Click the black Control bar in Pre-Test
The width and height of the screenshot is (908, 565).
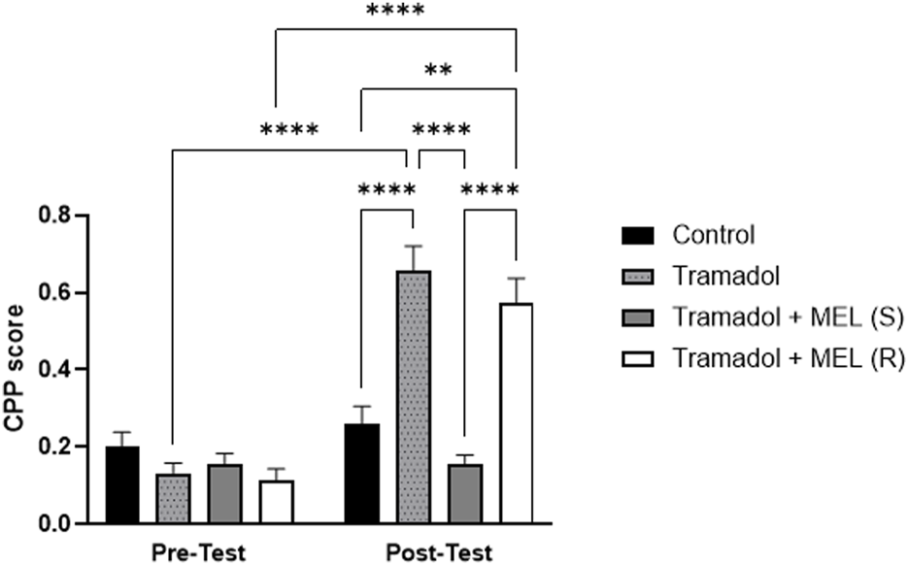pos(122,485)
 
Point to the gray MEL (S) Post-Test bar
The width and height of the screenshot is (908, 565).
pos(465,494)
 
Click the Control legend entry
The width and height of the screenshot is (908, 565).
pos(713,234)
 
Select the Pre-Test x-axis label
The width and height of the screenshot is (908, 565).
pos(198,552)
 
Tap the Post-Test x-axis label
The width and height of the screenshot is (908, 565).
pos(439,552)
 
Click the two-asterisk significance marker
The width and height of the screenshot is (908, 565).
pos(439,72)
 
